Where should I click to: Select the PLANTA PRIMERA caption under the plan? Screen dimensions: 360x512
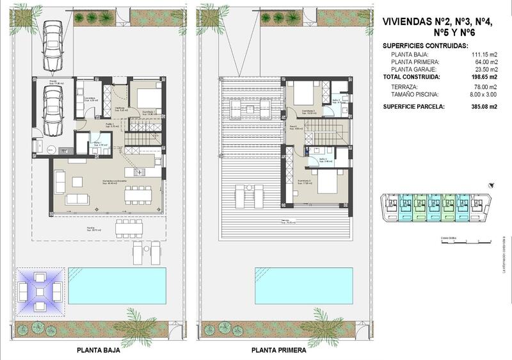coord(278,351)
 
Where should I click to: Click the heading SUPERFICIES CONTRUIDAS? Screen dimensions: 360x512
coord(425,46)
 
